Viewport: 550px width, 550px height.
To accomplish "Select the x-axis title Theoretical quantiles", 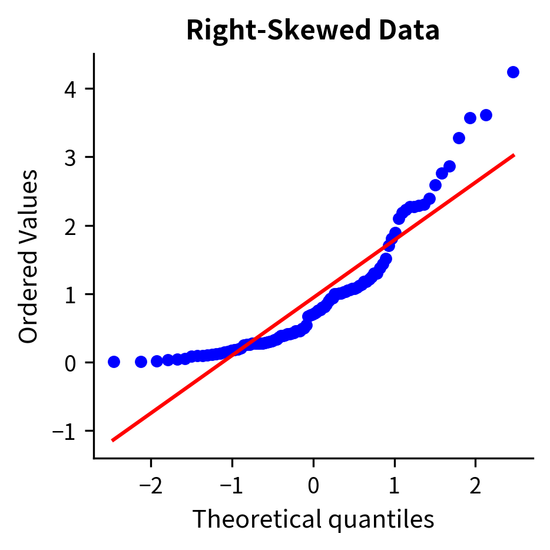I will click(x=313, y=519).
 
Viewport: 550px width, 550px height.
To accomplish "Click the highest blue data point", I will click(x=513, y=72).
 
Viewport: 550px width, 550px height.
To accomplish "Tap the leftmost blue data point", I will click(x=114, y=362).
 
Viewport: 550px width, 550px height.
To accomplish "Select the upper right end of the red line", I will click(x=514, y=155).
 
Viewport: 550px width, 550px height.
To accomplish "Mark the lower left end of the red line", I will click(x=112, y=440).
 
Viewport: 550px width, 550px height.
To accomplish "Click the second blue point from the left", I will click(x=141, y=362).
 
